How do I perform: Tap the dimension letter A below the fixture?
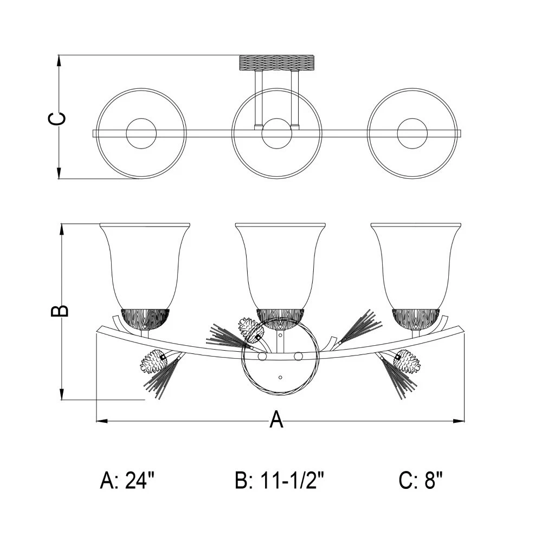click(x=276, y=420)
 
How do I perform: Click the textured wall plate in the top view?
click(x=277, y=62)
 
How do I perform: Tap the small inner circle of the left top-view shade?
click(x=141, y=133)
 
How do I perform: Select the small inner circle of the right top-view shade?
click(x=412, y=133)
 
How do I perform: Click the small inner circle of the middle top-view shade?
click(x=277, y=133)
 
